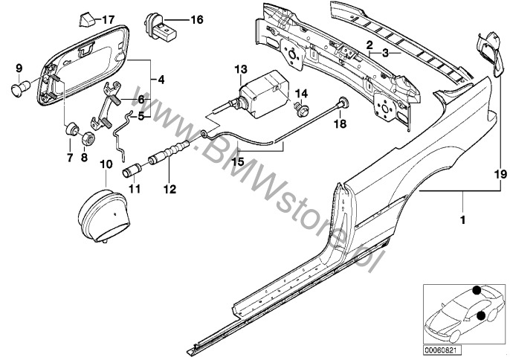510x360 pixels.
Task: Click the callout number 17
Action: [x=109, y=19]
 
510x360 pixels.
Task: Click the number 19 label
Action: [x=497, y=175]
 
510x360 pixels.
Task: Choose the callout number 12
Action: [x=170, y=189]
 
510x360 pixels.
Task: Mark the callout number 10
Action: [x=106, y=162]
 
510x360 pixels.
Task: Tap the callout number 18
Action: [x=340, y=126]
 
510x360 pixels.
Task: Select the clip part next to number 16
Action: [x=164, y=25]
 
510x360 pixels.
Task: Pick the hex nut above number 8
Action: [x=85, y=137]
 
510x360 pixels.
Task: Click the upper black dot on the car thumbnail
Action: [x=475, y=291]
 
